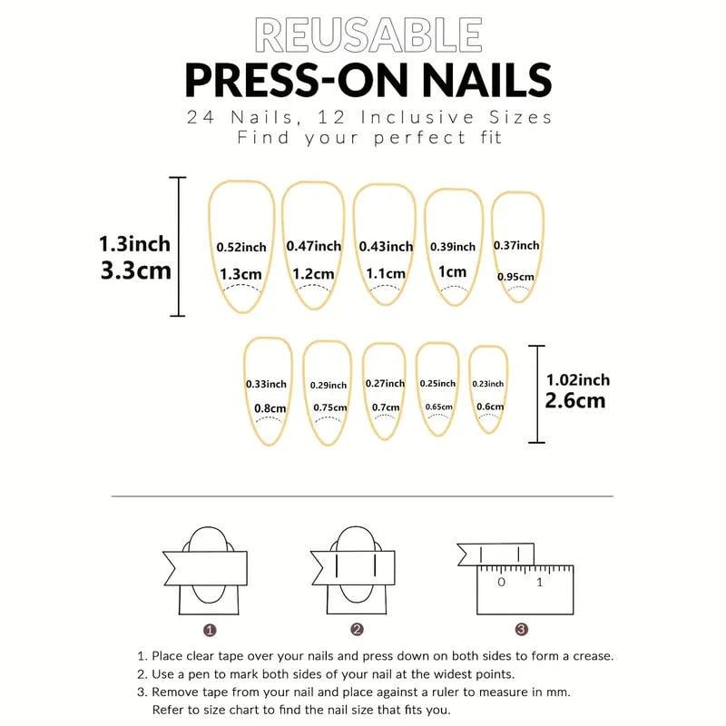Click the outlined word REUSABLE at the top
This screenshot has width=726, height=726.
coord(368,34)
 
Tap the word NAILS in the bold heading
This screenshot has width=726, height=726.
coord(486,80)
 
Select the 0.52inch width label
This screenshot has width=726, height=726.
coord(241,247)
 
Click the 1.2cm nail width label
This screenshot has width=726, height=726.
coord(313,274)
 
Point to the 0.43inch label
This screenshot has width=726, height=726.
coord(386,246)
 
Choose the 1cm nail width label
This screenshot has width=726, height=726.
coord(452,271)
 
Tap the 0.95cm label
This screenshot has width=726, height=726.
coord(515,277)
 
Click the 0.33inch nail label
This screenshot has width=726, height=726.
coord(266,384)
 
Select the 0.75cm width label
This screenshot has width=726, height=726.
coord(329,407)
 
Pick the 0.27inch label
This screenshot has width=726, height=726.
coord(385,383)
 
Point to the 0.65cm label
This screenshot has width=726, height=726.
coord(439,407)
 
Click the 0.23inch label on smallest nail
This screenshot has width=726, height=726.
coord(488,384)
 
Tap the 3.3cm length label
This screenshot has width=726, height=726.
coord(135,270)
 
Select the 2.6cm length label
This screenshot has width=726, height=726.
coord(575,401)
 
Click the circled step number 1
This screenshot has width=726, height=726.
coord(210,630)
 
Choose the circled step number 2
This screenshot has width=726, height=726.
coord(357,629)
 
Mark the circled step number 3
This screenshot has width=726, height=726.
coord(521,629)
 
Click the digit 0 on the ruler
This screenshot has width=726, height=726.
coord(502,582)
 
